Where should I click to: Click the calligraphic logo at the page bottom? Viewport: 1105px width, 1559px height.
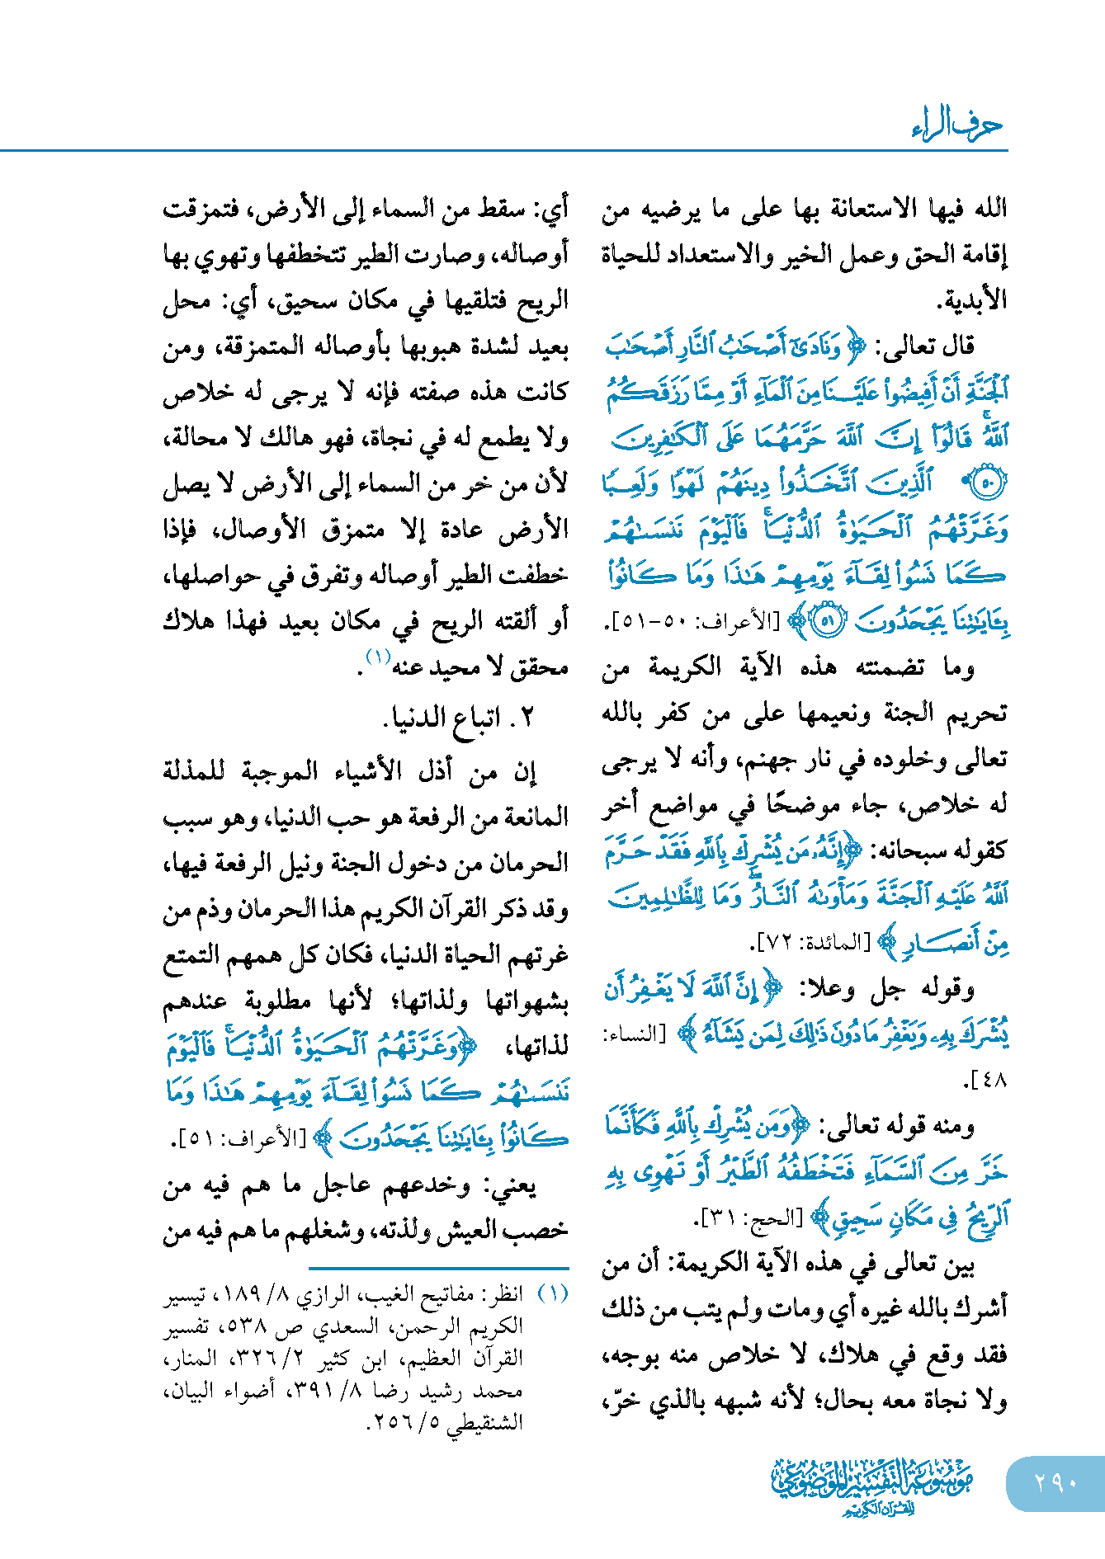(871, 1485)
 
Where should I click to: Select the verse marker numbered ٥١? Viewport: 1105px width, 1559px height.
(828, 621)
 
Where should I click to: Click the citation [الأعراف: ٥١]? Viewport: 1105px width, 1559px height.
(238, 1140)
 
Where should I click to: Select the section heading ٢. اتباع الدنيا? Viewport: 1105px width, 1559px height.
(459, 718)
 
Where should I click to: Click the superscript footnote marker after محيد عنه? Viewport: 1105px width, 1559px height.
(378, 657)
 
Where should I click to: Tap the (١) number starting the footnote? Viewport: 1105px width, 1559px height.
(553, 1293)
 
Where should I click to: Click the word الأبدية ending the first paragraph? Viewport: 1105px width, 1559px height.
(973, 300)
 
